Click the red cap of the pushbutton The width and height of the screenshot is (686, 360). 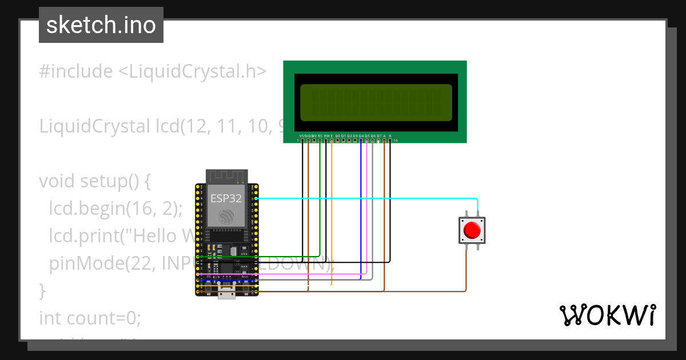[x=472, y=230]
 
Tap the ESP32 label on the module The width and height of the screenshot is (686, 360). [x=225, y=199]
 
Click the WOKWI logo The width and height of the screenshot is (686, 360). [x=607, y=315]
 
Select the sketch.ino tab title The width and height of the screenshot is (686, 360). [x=101, y=25]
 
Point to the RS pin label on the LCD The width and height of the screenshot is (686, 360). [x=320, y=135]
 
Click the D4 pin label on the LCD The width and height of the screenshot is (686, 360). [x=361, y=135]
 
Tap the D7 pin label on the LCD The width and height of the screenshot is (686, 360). [x=378, y=135]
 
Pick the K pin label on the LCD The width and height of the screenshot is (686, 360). [x=390, y=135]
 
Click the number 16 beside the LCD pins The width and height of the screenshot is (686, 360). [x=396, y=141]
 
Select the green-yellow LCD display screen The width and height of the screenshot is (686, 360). [x=376, y=102]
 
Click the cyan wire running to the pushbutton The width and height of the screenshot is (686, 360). [x=366, y=198]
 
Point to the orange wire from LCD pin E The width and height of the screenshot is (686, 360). [x=332, y=211]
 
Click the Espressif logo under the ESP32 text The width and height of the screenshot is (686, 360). [x=226, y=217]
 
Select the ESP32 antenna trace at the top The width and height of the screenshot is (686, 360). [x=226, y=176]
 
